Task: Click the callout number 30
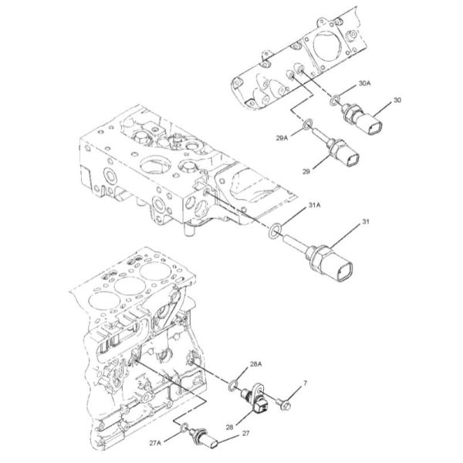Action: coord(397,100)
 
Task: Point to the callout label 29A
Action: coord(282,137)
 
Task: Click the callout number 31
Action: coord(367,222)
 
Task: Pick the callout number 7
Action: coord(305,382)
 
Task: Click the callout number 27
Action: coord(245,434)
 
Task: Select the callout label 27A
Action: coord(156,443)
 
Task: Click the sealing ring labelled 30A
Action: coord(333,100)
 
